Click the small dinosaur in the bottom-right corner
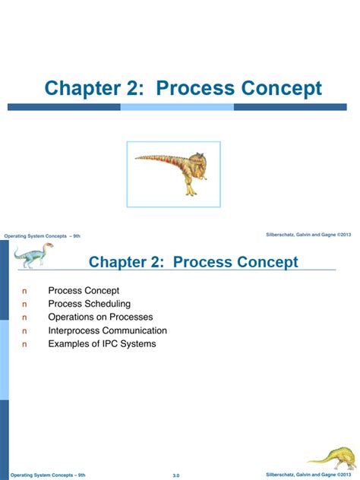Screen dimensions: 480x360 pos(333,457)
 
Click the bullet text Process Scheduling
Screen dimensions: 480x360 pos(90,304)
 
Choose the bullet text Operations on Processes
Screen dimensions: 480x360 pos(100,317)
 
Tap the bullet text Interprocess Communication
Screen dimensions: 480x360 pos(107,331)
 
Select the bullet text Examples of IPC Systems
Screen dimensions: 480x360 pos(102,344)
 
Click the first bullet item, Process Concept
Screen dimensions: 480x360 pos(84,290)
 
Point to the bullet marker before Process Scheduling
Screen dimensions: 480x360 pos(24,304)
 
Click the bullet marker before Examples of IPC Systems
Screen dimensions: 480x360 pos(24,344)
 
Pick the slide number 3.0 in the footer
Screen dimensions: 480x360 pos(177,475)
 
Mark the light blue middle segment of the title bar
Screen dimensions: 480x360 pos(177,107)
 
